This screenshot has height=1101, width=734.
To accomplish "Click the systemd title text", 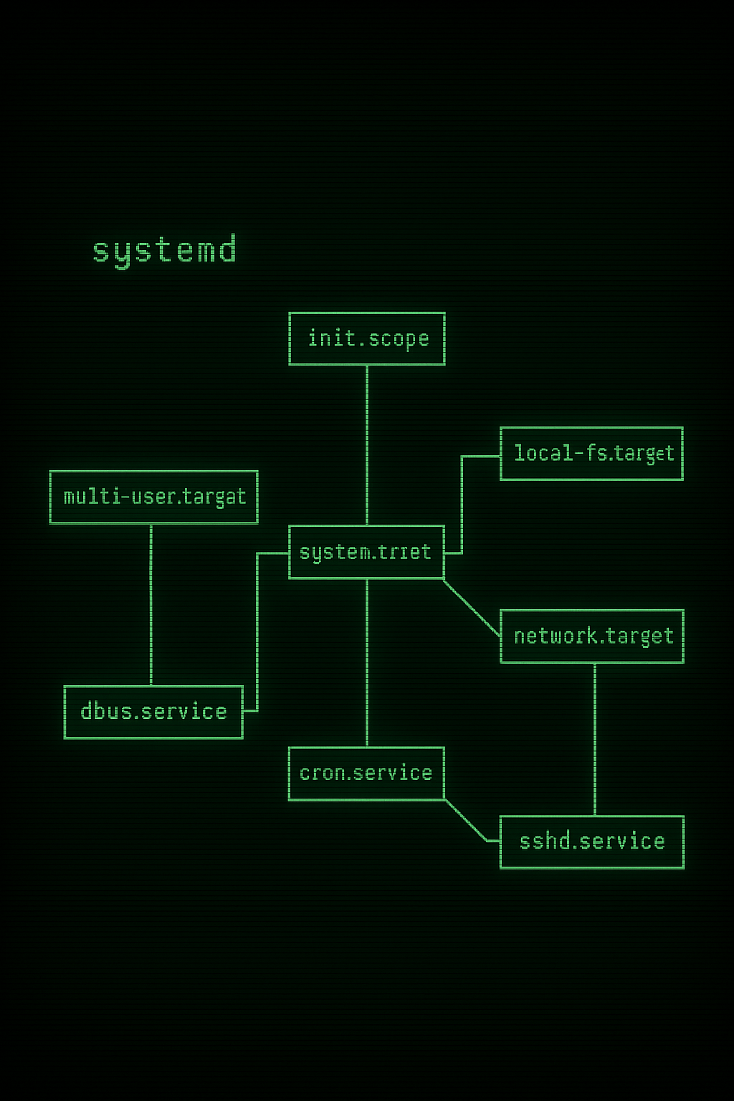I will tap(164, 250).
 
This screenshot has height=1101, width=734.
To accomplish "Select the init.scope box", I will tap(367, 338).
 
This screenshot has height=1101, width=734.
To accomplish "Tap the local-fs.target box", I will tap(591, 453).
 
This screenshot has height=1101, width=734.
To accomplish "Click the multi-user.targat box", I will tap(153, 497).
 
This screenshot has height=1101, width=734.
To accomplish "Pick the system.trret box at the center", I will tap(366, 552).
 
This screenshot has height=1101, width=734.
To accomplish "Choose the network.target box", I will tap(591, 636).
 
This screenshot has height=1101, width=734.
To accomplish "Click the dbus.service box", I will tap(153, 712).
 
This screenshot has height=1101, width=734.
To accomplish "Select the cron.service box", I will tap(366, 773).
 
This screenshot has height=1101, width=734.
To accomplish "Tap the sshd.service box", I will tap(591, 842).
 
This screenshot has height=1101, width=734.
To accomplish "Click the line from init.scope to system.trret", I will tap(367, 444).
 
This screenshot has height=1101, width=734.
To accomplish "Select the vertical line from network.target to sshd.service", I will tap(595, 738).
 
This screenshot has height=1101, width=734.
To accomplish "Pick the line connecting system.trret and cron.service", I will tap(367, 663).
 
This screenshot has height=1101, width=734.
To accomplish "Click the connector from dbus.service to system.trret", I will tap(257, 631).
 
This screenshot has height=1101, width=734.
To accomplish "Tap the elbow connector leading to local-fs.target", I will tap(462, 502).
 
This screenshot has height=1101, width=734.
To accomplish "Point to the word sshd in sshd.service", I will tap(545, 842).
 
